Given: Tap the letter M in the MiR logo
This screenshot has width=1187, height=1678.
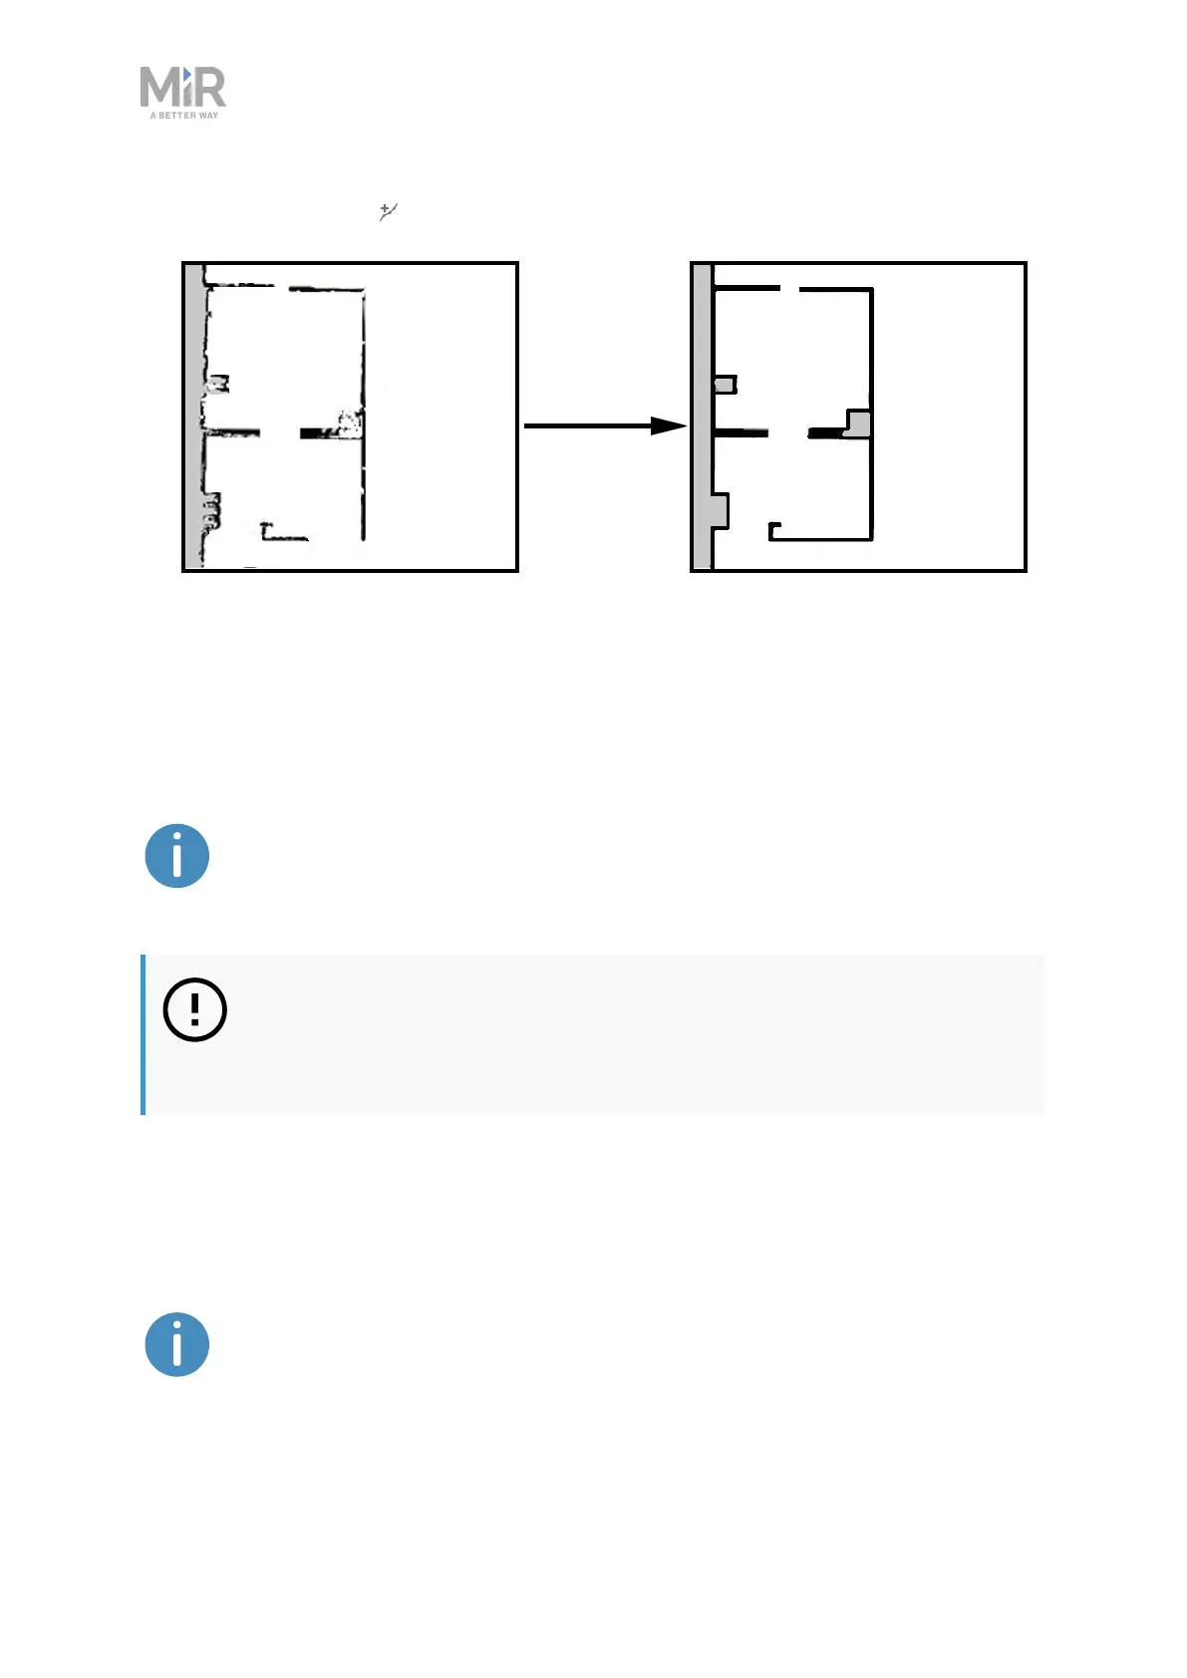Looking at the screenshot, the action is click(x=157, y=88).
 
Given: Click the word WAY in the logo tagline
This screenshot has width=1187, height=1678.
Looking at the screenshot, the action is click(x=208, y=116).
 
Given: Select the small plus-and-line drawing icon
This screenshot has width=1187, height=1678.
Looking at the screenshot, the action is click(x=388, y=211).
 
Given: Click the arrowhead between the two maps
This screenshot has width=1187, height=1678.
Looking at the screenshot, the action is click(x=668, y=425).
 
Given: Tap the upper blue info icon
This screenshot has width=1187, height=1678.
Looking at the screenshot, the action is click(x=177, y=856).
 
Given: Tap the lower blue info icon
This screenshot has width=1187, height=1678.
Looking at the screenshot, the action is click(x=177, y=1344).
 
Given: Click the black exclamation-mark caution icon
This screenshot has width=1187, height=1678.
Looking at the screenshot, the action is click(x=194, y=1009).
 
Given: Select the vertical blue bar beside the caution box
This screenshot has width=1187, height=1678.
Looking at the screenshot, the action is click(x=144, y=1034).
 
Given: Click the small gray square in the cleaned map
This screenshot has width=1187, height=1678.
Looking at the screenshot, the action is click(x=726, y=384).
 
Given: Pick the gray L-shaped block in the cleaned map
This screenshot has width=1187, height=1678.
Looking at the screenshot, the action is click(x=859, y=423).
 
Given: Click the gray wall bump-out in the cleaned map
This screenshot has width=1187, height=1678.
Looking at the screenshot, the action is click(x=720, y=509).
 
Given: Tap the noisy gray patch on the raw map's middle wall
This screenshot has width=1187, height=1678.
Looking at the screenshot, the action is click(x=348, y=422).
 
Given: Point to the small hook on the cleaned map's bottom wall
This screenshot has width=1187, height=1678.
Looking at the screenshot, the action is click(x=774, y=527).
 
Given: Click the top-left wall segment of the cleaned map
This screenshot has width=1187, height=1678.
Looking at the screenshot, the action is click(x=746, y=288).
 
